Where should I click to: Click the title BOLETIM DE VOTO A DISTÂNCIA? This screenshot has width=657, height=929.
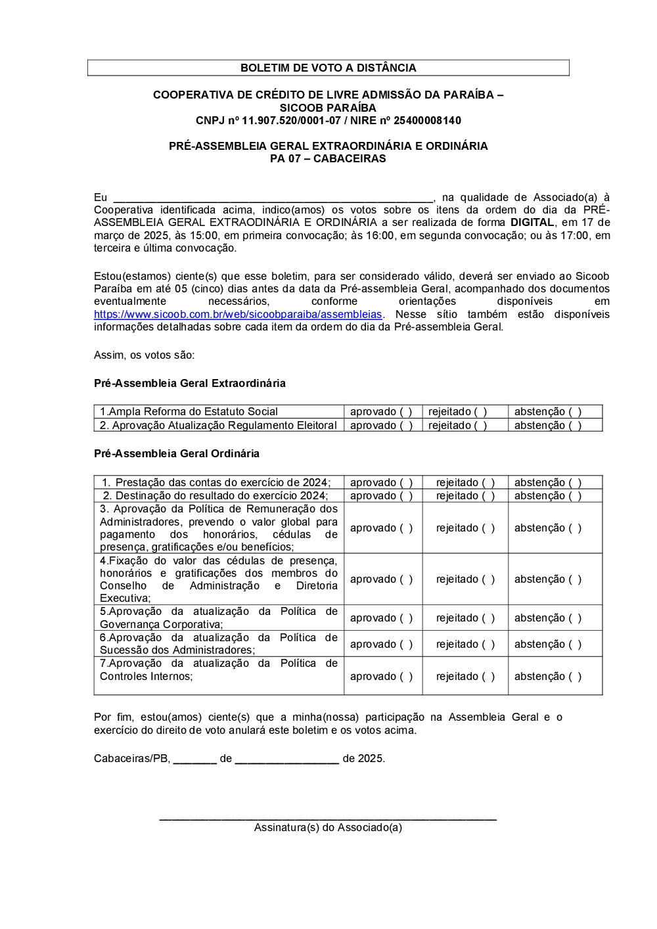(x=328, y=68)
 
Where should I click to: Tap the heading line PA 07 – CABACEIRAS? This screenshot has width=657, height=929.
(x=328, y=158)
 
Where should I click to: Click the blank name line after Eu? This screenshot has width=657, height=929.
(x=273, y=198)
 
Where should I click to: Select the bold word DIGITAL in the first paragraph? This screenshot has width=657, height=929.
(x=532, y=223)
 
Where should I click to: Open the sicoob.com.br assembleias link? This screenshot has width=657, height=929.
(x=238, y=315)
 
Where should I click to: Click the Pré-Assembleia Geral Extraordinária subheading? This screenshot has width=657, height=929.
(x=189, y=383)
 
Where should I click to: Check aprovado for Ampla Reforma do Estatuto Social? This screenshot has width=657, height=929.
(x=406, y=412)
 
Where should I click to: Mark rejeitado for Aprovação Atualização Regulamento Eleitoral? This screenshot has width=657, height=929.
(x=481, y=426)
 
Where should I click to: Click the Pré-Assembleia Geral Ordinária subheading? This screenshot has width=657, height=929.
(x=176, y=453)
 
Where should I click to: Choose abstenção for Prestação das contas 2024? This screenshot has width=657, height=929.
(x=575, y=483)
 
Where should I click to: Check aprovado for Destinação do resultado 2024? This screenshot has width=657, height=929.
(x=406, y=496)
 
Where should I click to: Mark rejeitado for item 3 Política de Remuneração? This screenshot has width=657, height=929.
(x=488, y=528)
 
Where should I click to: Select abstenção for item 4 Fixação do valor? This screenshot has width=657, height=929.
(x=575, y=579)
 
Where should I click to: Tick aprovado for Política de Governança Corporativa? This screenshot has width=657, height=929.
(x=406, y=618)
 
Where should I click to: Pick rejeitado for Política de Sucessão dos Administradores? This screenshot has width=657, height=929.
(x=488, y=645)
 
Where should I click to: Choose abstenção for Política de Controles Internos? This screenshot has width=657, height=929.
(x=575, y=677)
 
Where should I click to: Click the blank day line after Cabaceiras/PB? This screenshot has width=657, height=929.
(x=194, y=759)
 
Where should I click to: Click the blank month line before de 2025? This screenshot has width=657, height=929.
(x=286, y=759)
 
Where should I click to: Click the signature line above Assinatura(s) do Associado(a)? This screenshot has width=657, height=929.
(x=328, y=817)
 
